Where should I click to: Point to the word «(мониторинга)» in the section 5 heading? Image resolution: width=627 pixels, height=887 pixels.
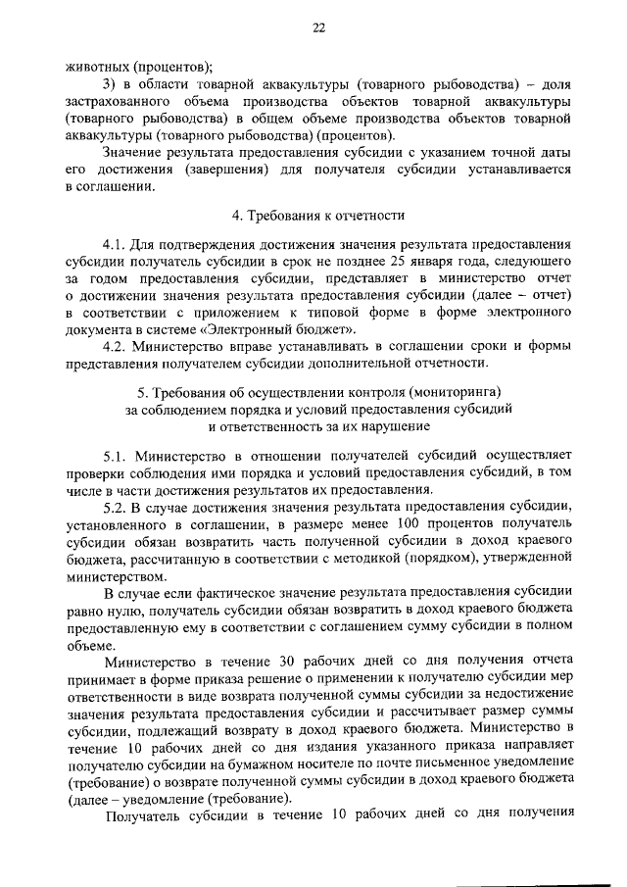463,392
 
